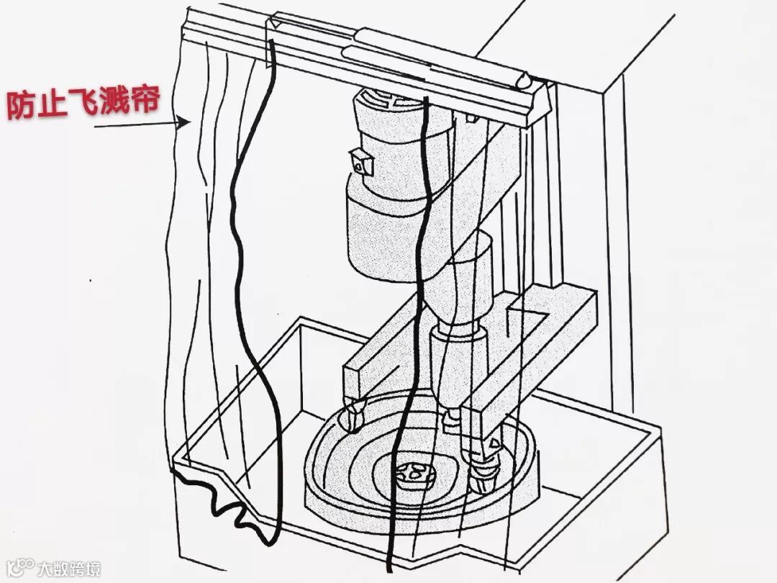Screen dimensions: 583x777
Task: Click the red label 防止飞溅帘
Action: click(83, 104)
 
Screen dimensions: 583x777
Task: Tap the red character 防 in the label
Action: click(22, 106)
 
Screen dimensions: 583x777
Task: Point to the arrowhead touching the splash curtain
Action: click(185, 123)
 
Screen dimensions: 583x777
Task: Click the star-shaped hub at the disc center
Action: click(413, 474)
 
